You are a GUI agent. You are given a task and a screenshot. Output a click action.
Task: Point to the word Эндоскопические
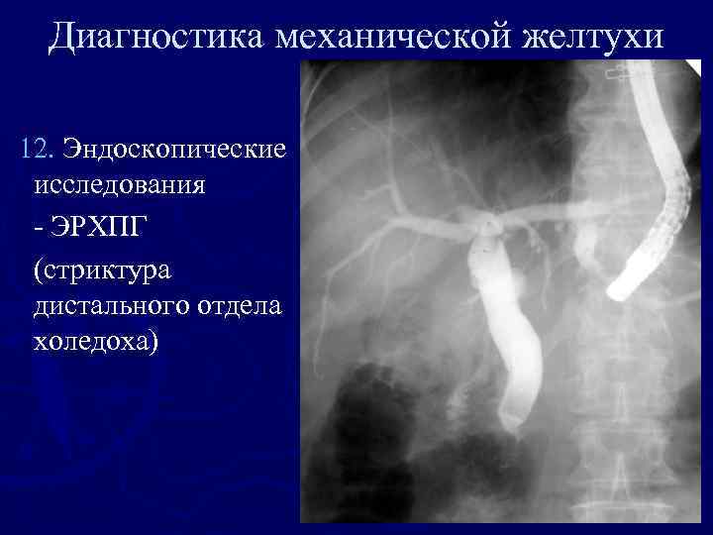coord(174,150)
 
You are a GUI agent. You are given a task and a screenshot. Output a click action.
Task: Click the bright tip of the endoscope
coord(620,288)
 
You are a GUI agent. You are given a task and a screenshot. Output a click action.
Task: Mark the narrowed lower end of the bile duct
coord(512,420)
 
